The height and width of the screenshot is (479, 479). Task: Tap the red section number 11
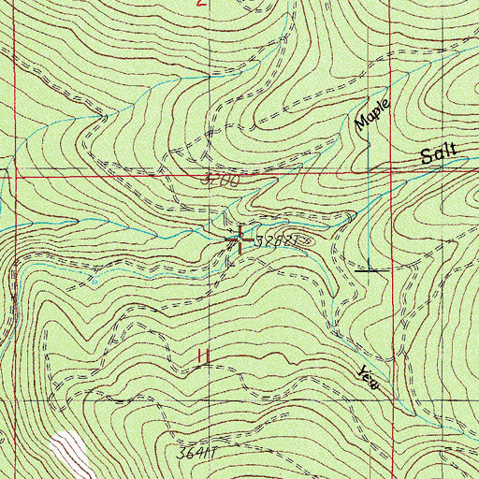point(200,356)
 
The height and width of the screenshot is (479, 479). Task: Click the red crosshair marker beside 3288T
point(240,239)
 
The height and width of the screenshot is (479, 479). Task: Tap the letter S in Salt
point(426,159)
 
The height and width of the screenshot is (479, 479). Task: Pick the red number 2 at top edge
point(201,4)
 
